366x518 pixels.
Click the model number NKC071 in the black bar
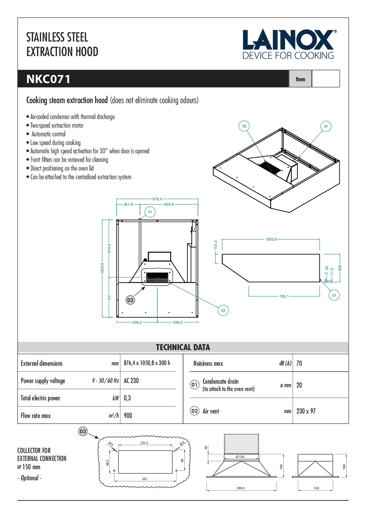coord(48,79)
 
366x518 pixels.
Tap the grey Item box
coord(300,79)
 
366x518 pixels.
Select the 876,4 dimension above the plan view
coord(157,199)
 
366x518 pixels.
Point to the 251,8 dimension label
coord(128,205)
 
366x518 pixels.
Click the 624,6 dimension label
coord(169,205)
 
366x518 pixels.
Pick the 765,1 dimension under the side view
coord(284,297)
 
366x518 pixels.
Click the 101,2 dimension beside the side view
coord(216,245)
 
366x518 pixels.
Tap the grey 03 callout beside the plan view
coord(130,300)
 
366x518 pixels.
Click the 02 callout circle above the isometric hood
coord(244,126)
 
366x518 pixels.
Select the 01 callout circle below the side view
coord(334,295)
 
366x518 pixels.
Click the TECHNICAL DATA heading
coord(183,347)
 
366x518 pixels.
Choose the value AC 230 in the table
coord(131,381)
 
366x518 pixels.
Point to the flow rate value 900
coord(128,416)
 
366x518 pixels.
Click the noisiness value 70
coord(299,363)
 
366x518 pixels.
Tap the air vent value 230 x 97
coord(306,411)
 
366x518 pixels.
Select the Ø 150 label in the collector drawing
coord(240,457)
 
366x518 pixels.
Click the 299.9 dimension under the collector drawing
coord(240,488)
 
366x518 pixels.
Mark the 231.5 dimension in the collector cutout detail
coord(144,443)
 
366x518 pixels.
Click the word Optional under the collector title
coord(30,478)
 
